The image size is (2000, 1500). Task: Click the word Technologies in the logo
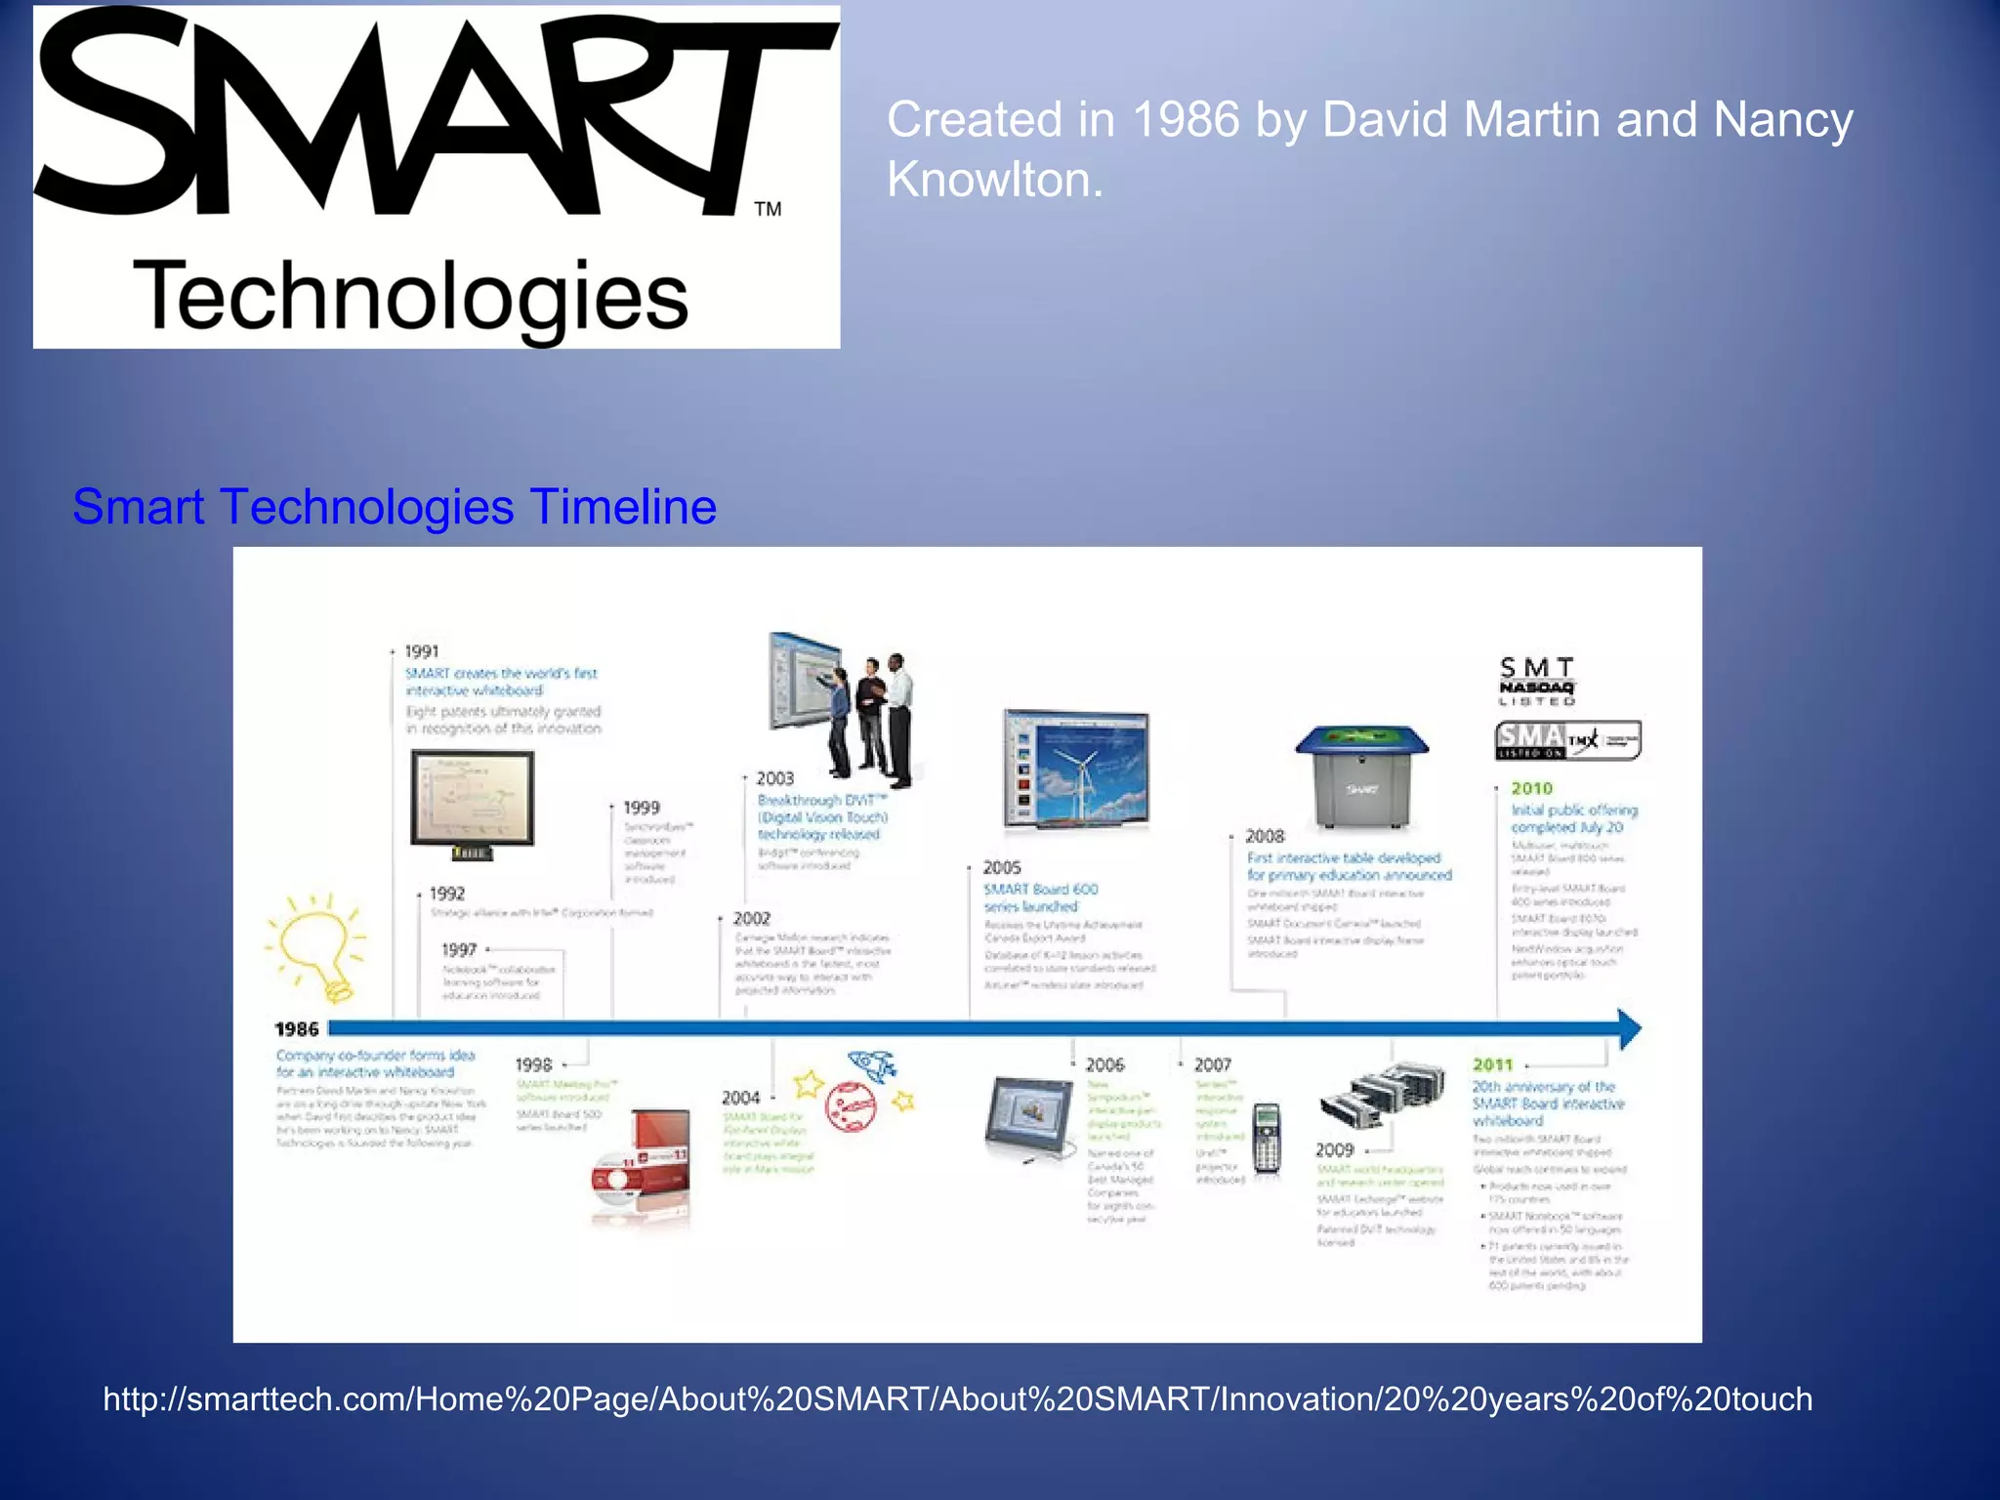point(410,296)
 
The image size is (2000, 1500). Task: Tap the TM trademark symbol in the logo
point(768,209)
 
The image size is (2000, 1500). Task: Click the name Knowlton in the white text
point(994,180)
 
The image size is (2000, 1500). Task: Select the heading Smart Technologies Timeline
point(395,507)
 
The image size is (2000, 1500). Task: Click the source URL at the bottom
point(957,1398)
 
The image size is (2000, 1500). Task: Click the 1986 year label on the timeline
point(296,1029)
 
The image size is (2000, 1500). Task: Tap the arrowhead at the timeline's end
point(1629,1028)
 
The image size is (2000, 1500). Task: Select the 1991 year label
point(422,651)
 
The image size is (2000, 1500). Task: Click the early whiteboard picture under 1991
point(473,802)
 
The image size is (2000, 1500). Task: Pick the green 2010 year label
point(1531,788)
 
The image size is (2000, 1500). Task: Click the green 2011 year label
point(1492,1064)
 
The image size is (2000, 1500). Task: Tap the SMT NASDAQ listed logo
point(1537,681)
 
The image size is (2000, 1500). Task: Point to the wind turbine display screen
point(1076,769)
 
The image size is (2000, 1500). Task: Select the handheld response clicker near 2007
point(1267,1138)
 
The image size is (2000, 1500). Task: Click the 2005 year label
point(1001,867)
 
